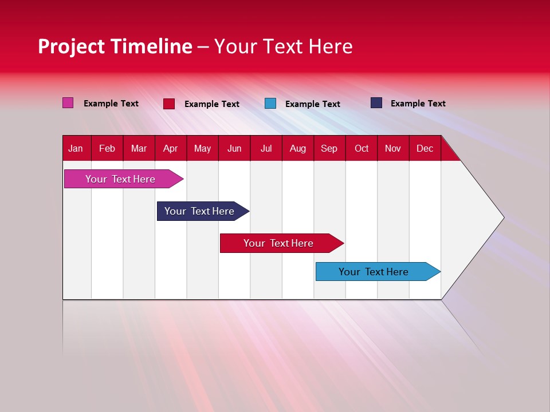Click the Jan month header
point(76,148)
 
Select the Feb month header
point(107,148)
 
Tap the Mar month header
point(139,148)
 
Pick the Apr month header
point(171,148)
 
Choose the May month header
point(202,148)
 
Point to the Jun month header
point(234,148)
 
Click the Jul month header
point(266,148)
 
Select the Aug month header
point(298,148)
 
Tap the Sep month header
point(329,148)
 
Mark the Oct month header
point(362,148)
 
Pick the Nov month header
point(393,148)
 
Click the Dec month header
point(425,148)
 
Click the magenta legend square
point(68,103)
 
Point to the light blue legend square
point(270,104)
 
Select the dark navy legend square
point(376,103)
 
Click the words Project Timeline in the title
point(115,46)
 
